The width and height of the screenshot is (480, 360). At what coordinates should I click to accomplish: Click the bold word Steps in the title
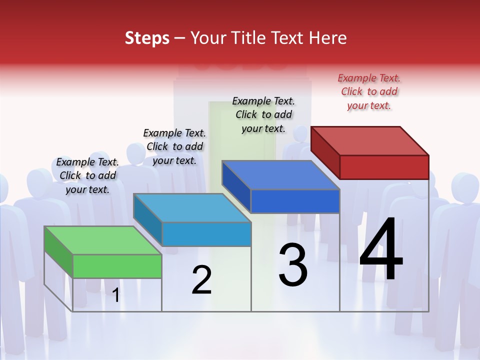pos(147,38)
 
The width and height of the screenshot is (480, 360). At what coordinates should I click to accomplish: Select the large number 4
pos(381,250)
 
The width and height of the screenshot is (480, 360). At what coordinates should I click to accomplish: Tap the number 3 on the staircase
pos(293,265)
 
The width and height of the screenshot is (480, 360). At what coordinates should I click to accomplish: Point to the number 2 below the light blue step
pos(201,280)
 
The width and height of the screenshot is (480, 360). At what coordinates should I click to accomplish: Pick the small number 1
pos(116,295)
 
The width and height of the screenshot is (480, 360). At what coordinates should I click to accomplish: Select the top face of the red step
pos(370,140)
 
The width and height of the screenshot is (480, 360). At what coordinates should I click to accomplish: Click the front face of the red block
pos(384,167)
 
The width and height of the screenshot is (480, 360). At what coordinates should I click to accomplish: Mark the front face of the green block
pos(117,266)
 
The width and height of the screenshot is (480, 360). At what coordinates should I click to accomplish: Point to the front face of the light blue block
pos(206,234)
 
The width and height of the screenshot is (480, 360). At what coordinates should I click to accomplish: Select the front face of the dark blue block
pos(295,201)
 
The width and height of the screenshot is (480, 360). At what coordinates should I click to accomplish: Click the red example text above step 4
pos(369,91)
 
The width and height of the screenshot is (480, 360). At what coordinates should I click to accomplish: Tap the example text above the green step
pos(87,175)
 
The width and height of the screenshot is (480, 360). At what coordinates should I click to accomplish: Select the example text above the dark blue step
pos(263,114)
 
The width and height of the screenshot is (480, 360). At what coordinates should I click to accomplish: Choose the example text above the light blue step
pos(174,146)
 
